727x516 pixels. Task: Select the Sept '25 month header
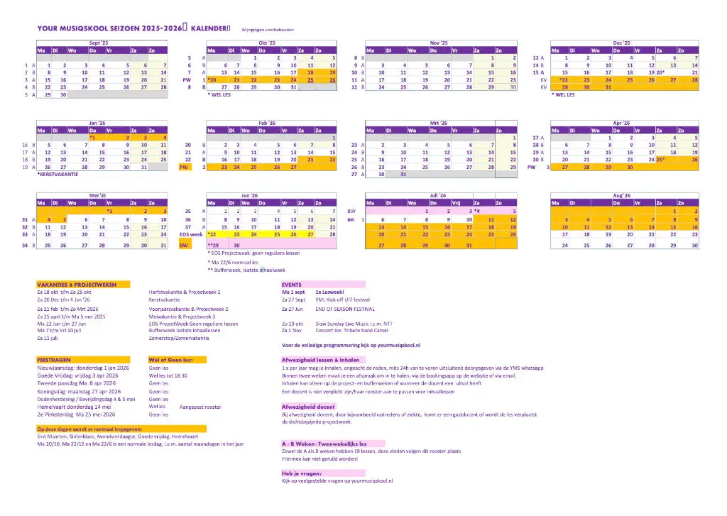pos(99,43)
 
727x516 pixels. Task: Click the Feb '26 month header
pos(266,123)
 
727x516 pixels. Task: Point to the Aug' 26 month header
pos(622,194)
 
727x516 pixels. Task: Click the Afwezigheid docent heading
pos(308,406)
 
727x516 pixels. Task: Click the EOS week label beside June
pos(191,234)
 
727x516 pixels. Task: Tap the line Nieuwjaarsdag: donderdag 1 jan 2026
pos(79,368)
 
